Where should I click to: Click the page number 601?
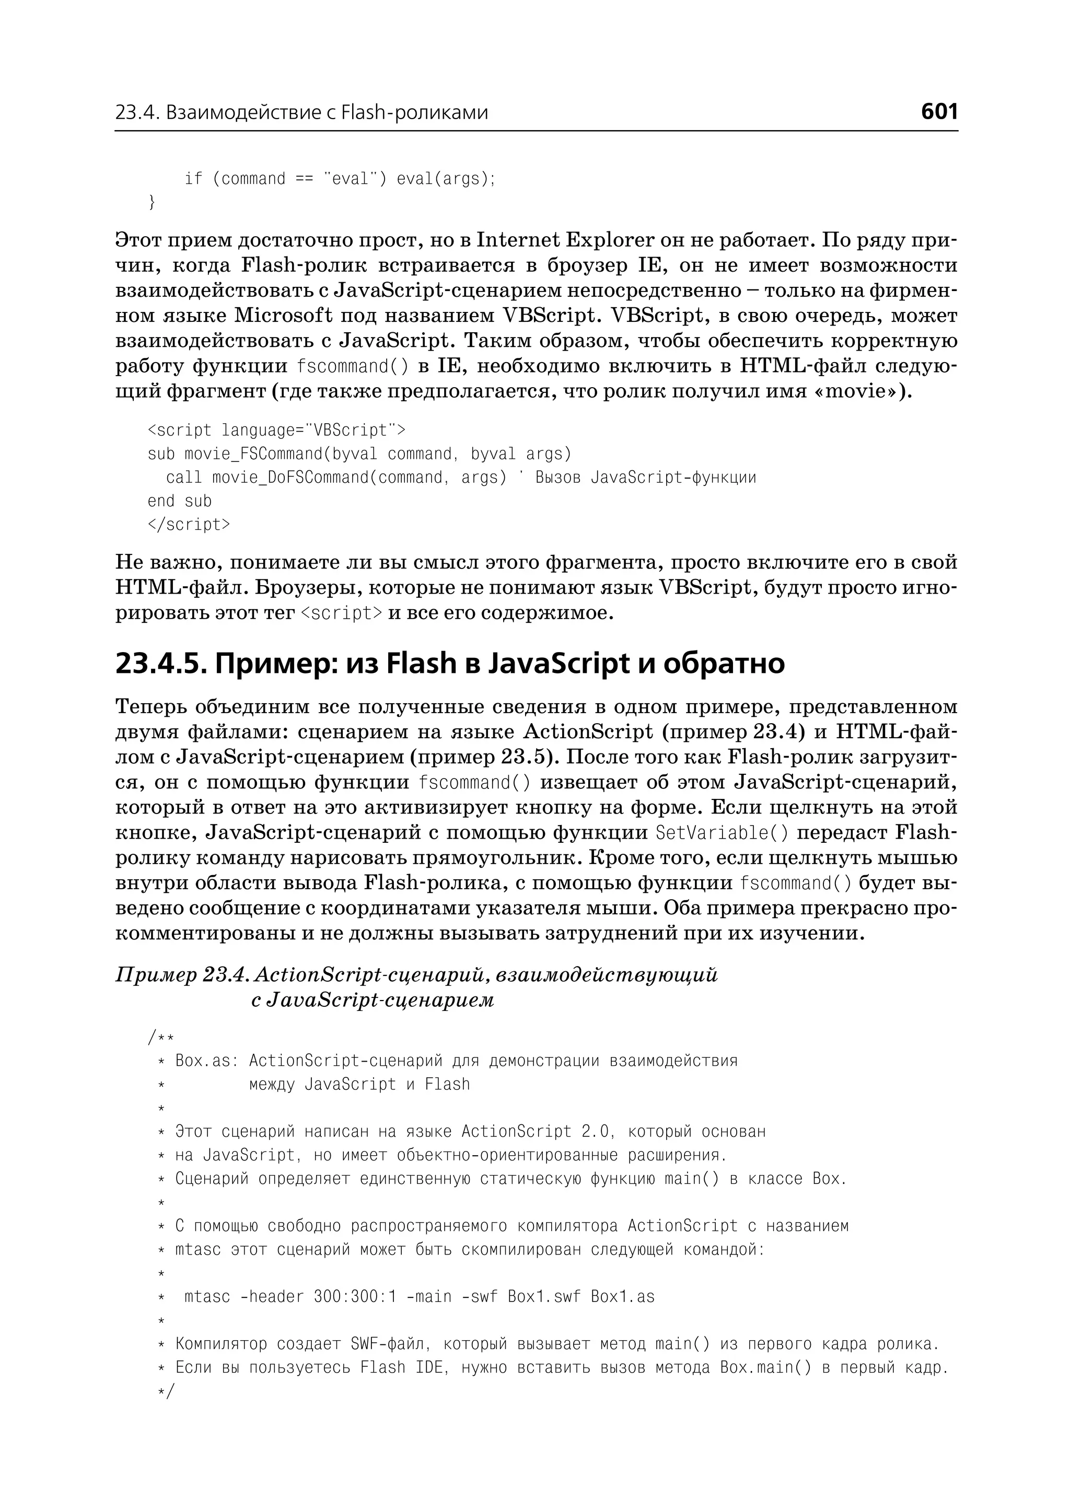tap(939, 111)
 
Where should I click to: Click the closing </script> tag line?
tap(189, 525)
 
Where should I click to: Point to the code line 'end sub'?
tap(179, 501)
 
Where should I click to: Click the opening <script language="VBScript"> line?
tap(277, 431)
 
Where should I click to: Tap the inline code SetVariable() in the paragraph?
tap(722, 833)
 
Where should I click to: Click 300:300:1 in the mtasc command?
tap(355, 1297)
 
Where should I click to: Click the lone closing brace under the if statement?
tap(152, 202)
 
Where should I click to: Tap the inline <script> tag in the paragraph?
tap(341, 613)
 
